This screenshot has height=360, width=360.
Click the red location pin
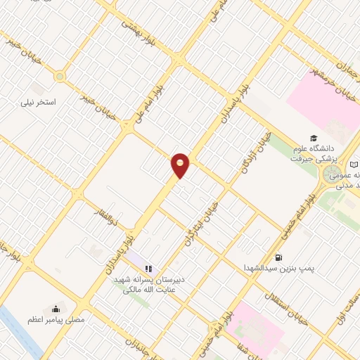point(181,165)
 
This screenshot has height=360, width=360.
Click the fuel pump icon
point(280,257)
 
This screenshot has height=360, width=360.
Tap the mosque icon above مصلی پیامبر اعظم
point(56,309)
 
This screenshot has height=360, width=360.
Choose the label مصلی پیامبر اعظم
point(56,320)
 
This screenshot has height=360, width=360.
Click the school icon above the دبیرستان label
point(148,268)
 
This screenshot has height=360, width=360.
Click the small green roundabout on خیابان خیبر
point(60,76)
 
